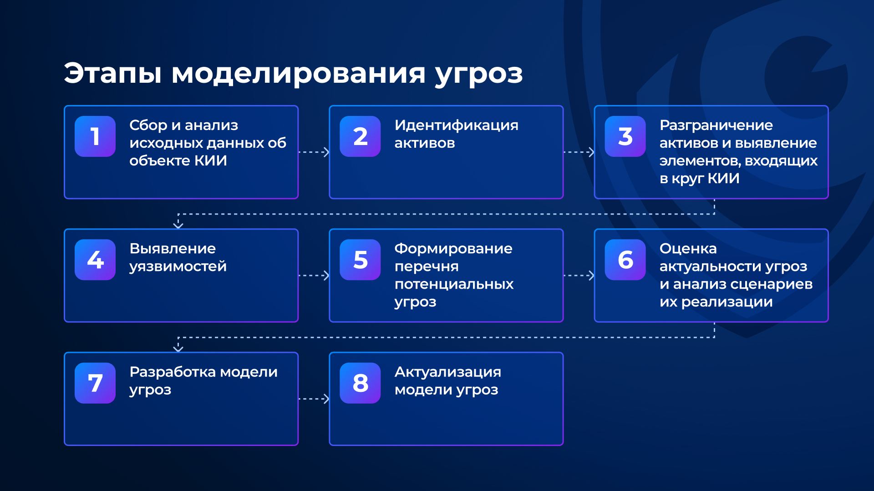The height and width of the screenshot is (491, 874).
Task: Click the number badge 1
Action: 95,136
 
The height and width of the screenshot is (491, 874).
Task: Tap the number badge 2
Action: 360,136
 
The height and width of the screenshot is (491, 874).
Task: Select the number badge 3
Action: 625,136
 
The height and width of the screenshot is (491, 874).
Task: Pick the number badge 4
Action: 95,260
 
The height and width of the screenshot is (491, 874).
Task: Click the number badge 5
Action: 360,260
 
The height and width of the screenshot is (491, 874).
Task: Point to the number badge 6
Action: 625,260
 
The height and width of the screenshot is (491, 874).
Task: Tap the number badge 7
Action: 95,383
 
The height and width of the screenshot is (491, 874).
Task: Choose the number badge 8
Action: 360,383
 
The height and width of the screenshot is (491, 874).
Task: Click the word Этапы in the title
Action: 113,73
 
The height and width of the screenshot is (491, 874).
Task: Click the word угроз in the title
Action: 479,75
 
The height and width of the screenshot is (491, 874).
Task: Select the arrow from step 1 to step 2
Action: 314,152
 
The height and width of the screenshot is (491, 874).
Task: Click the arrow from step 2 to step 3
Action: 579,152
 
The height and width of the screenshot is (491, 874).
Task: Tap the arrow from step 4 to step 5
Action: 314,276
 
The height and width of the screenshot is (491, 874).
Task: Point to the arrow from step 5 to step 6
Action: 579,276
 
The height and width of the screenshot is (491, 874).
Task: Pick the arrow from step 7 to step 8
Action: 314,399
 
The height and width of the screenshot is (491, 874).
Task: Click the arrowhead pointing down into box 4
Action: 178,225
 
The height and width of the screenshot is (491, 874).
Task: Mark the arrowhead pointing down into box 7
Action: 178,349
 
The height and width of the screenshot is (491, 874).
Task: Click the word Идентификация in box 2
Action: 457,126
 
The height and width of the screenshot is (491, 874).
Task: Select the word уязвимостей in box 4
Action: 178,267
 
